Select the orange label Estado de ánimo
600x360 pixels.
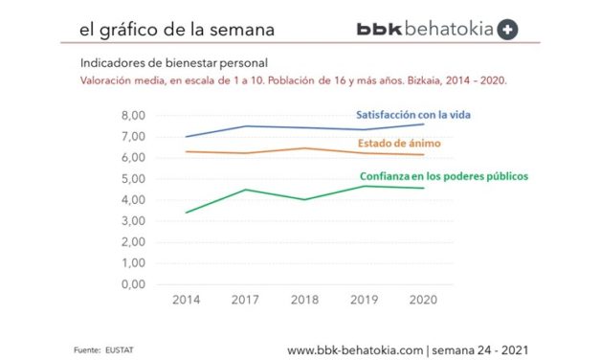pyautogui.click(x=407, y=144)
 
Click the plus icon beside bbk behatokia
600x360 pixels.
pyautogui.click(x=509, y=29)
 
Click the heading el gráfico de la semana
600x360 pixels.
pyautogui.click(x=177, y=30)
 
